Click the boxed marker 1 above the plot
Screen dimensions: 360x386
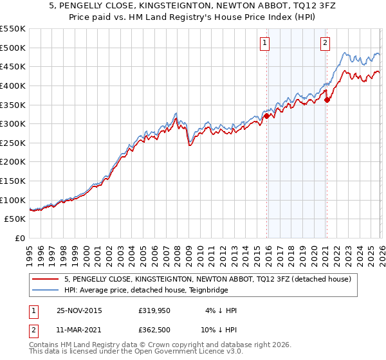coord(264,43)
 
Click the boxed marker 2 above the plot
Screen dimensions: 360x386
coord(325,43)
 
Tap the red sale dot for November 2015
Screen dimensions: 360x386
coord(267,116)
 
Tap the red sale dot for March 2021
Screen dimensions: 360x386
coord(327,100)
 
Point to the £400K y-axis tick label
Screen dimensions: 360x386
coord(13,85)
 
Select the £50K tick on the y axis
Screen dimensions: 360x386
coord(15,219)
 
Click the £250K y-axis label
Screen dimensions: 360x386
coord(13,143)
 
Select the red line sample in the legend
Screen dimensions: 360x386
coord(46,280)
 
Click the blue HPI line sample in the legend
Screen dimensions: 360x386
coord(46,290)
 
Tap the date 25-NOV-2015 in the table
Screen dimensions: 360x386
coord(80,310)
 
